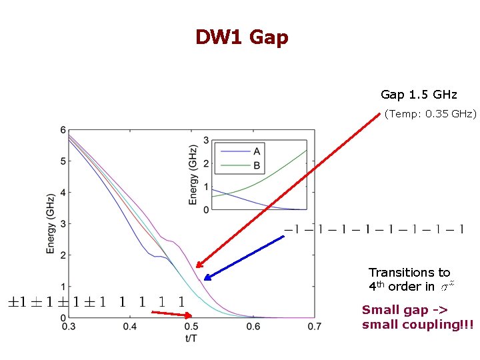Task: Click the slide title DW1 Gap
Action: (241, 37)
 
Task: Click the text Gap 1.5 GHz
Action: (418, 95)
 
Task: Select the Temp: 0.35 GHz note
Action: (430, 114)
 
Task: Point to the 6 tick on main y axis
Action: (63, 130)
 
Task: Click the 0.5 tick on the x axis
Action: (191, 327)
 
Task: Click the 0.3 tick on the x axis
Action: (69, 327)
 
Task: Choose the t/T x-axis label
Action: (191, 337)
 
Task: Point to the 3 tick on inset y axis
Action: (207, 140)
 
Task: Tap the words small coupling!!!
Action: (417, 325)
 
